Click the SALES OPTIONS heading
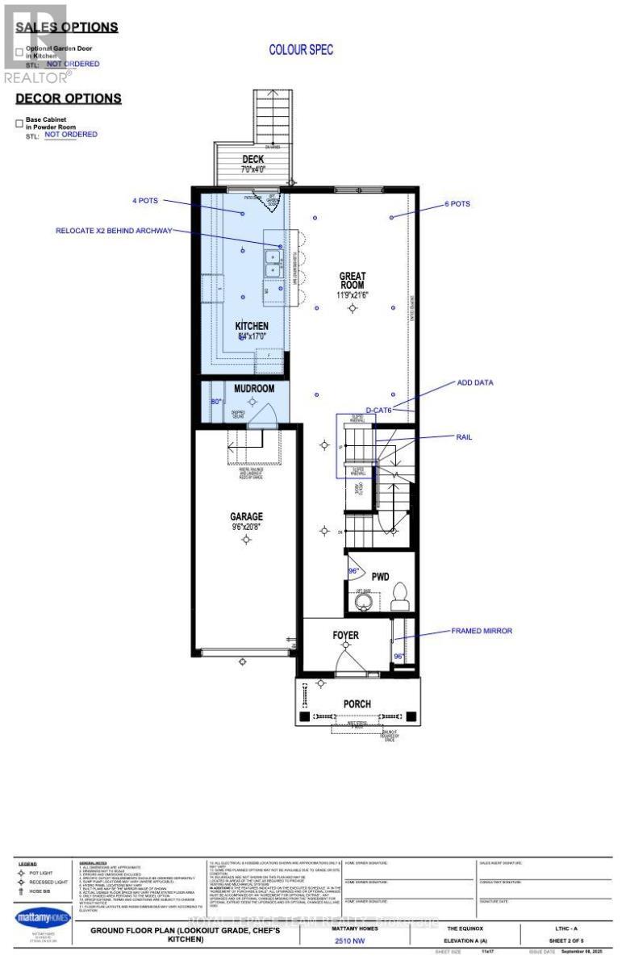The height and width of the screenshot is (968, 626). (x=67, y=27)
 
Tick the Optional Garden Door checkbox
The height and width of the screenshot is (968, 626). (x=19, y=52)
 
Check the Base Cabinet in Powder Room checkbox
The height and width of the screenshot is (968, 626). (x=19, y=123)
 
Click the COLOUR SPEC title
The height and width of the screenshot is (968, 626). (x=301, y=50)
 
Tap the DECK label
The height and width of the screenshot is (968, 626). (x=253, y=159)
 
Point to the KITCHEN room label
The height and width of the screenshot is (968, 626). (x=251, y=326)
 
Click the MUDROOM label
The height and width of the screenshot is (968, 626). (x=254, y=388)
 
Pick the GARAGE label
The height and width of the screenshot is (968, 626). (x=246, y=516)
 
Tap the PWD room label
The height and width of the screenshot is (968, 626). (x=381, y=578)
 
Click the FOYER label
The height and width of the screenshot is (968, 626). (x=346, y=636)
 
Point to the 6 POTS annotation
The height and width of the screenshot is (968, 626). (x=456, y=204)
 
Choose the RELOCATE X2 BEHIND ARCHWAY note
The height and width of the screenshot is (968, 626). (x=114, y=231)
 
